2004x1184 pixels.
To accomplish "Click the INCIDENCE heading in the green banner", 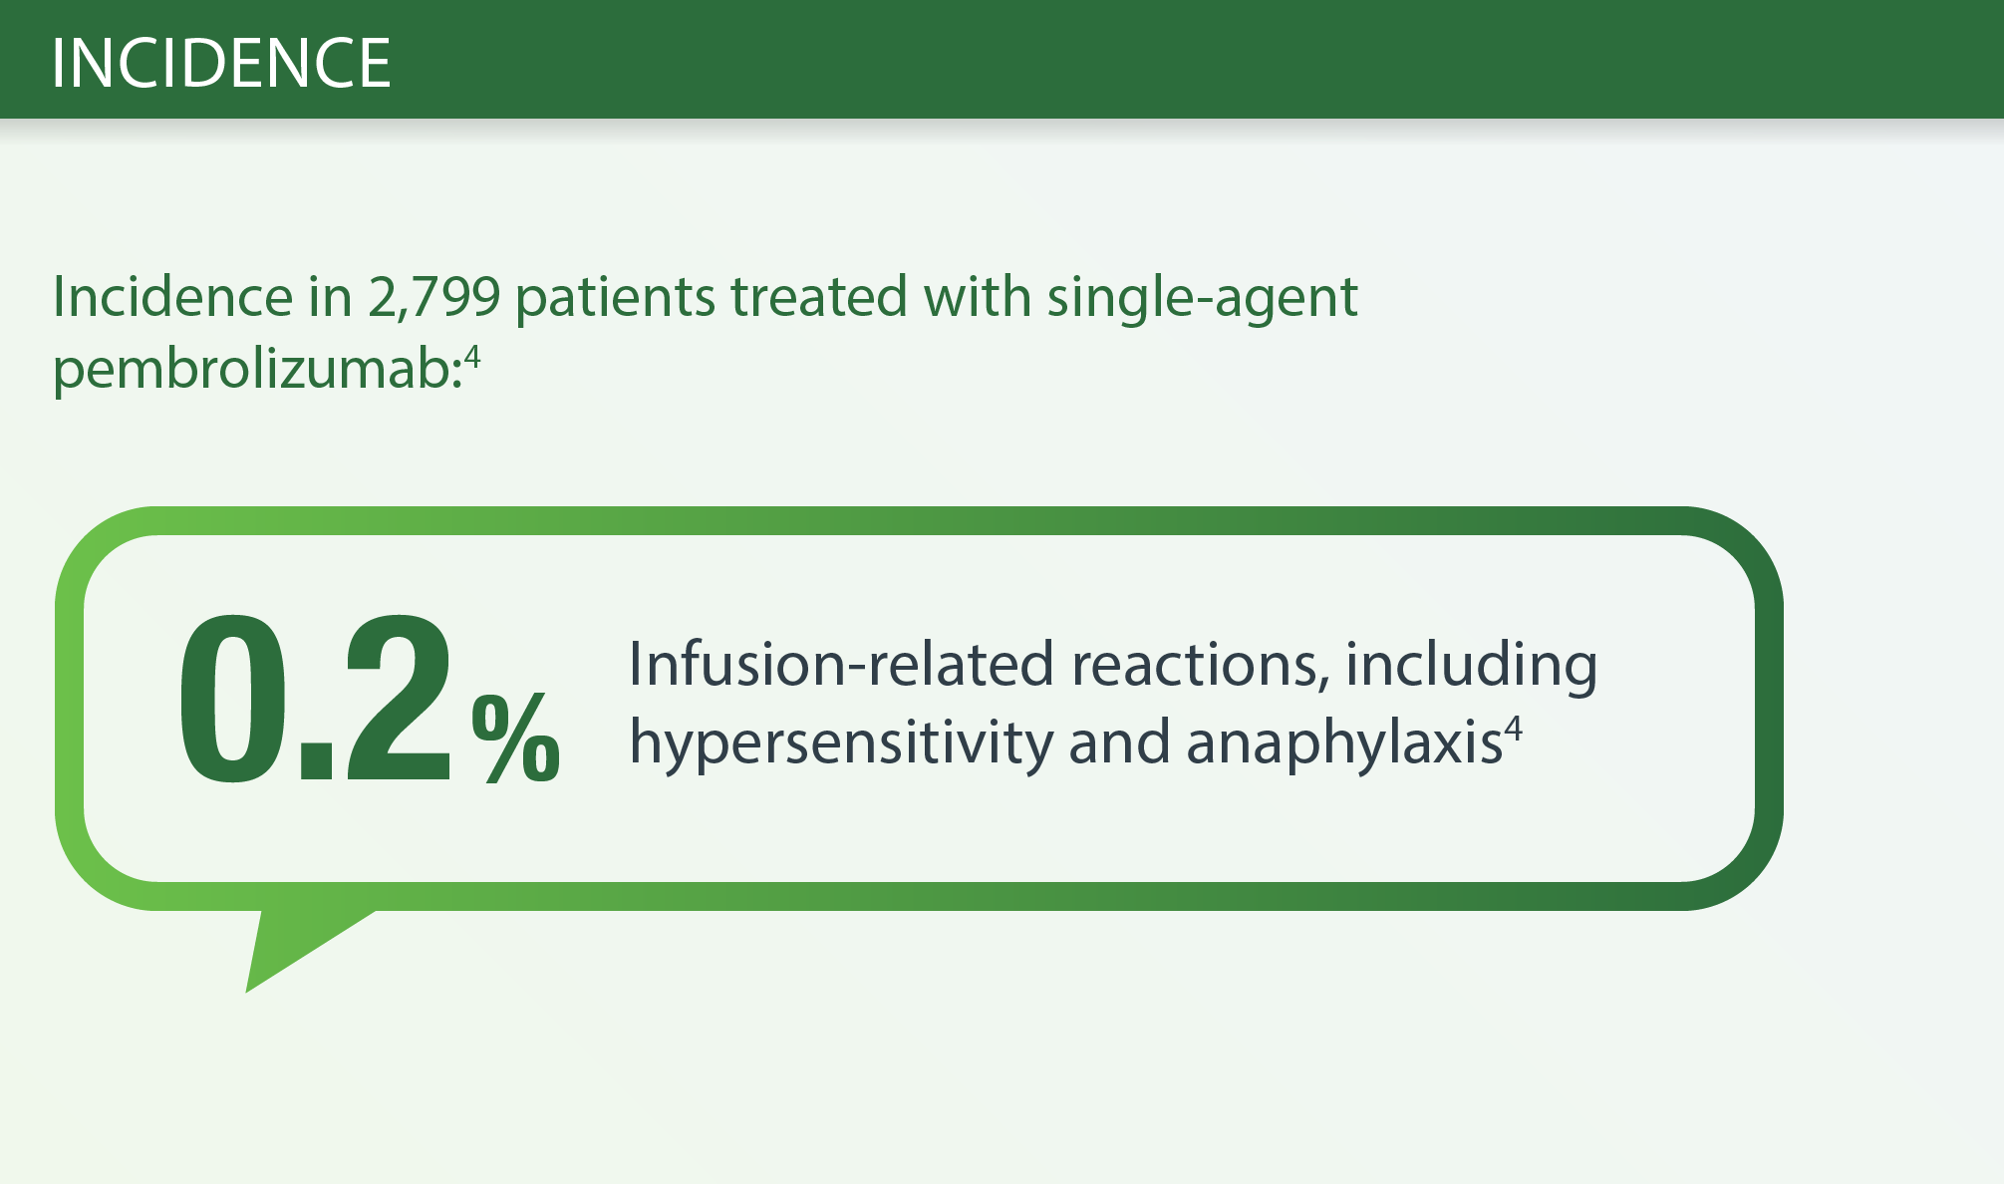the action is [x=221, y=63].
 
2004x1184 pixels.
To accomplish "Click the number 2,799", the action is [x=433, y=297].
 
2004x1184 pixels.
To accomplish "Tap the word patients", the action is [x=615, y=297].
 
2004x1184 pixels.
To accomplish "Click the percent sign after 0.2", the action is [x=516, y=737].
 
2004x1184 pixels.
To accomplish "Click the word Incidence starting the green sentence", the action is [x=172, y=297].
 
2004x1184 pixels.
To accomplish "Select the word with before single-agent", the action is [x=977, y=296].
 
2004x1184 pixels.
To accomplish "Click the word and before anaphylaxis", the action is [x=1119, y=743].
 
